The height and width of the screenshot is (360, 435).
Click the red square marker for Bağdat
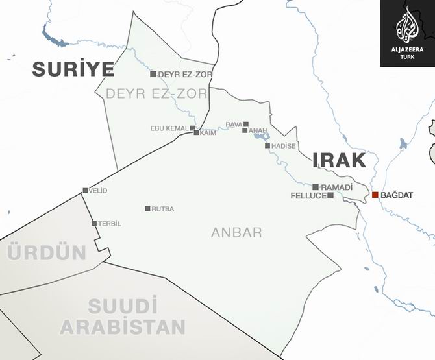pos(375,195)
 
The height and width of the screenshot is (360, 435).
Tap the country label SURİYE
pos(73,69)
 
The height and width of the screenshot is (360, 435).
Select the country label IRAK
pos(339,160)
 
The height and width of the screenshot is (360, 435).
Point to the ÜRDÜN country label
pos(47,252)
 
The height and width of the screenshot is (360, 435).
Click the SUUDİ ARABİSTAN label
pos(123,316)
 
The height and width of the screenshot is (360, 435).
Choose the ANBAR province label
pos(236,232)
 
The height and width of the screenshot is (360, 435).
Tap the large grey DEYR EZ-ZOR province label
pos(156,94)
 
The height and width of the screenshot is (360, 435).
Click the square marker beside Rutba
pos(148,209)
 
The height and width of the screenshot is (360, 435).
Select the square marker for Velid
pos(85,191)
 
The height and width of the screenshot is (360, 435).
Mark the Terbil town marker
pos(94,224)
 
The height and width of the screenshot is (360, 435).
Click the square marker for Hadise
pos(267,146)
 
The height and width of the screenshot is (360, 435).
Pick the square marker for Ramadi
pos(316,187)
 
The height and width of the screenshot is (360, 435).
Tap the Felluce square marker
pos(330,195)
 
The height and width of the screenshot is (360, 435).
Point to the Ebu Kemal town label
pos(169,128)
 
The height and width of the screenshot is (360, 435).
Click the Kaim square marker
pos(196,133)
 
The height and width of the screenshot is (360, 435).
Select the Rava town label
pos(234,124)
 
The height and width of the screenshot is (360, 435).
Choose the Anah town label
pos(258,130)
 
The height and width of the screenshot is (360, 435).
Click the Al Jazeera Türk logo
pos(407,33)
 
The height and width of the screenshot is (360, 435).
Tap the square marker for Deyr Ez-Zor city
pos(153,74)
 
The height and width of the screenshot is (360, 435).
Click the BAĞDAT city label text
pos(397,195)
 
